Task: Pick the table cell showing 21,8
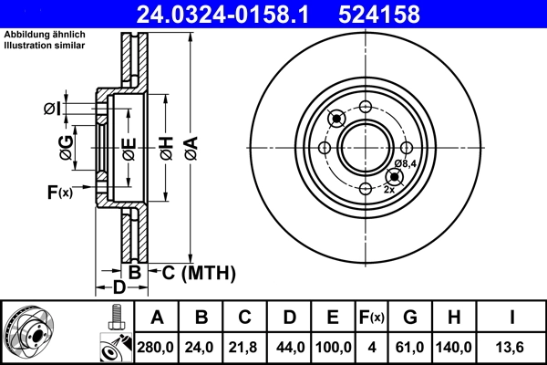245,348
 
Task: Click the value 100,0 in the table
333,348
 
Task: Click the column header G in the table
410,318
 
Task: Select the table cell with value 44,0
289,348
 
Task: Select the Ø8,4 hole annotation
405,164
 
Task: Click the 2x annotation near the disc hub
389,189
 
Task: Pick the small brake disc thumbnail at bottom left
28,332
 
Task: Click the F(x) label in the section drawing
59,192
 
